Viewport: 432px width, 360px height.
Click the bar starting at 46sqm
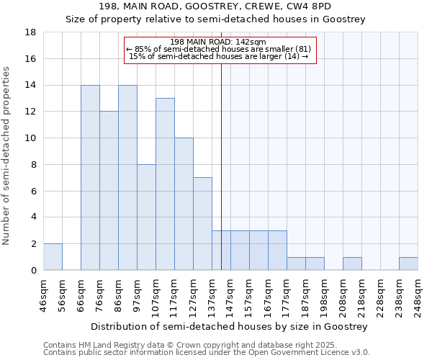pos(53,257)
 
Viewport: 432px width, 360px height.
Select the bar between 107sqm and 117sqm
pos(165,184)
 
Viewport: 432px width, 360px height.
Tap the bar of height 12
pos(109,191)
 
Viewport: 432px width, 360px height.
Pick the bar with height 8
pos(146,217)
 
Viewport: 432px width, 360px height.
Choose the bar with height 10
pos(184,204)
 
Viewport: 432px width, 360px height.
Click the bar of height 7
pos(202,224)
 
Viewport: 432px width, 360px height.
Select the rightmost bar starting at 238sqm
pos(408,264)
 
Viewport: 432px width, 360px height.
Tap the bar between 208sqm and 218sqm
pos(352,264)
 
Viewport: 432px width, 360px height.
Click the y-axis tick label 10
pos(31,138)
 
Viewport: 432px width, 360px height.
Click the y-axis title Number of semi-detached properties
pos(7,156)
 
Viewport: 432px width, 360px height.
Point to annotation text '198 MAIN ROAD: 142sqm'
pos(220,42)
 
